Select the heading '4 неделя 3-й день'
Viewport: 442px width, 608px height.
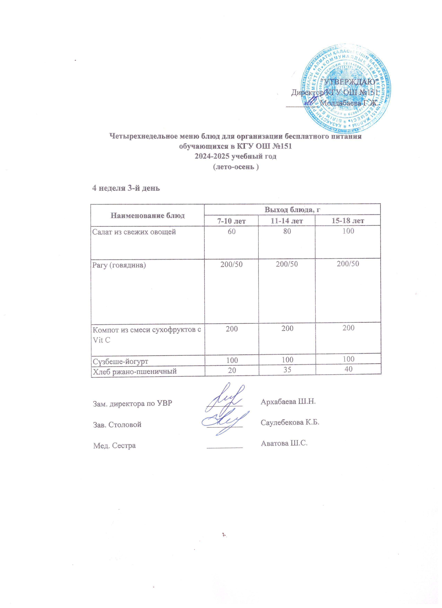click(x=126, y=188)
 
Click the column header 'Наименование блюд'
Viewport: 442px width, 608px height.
click(x=147, y=215)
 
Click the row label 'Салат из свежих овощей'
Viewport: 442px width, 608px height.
click(x=134, y=232)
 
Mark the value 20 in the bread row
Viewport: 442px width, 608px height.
click(x=232, y=370)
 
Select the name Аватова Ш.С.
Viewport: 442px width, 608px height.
click(x=284, y=443)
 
